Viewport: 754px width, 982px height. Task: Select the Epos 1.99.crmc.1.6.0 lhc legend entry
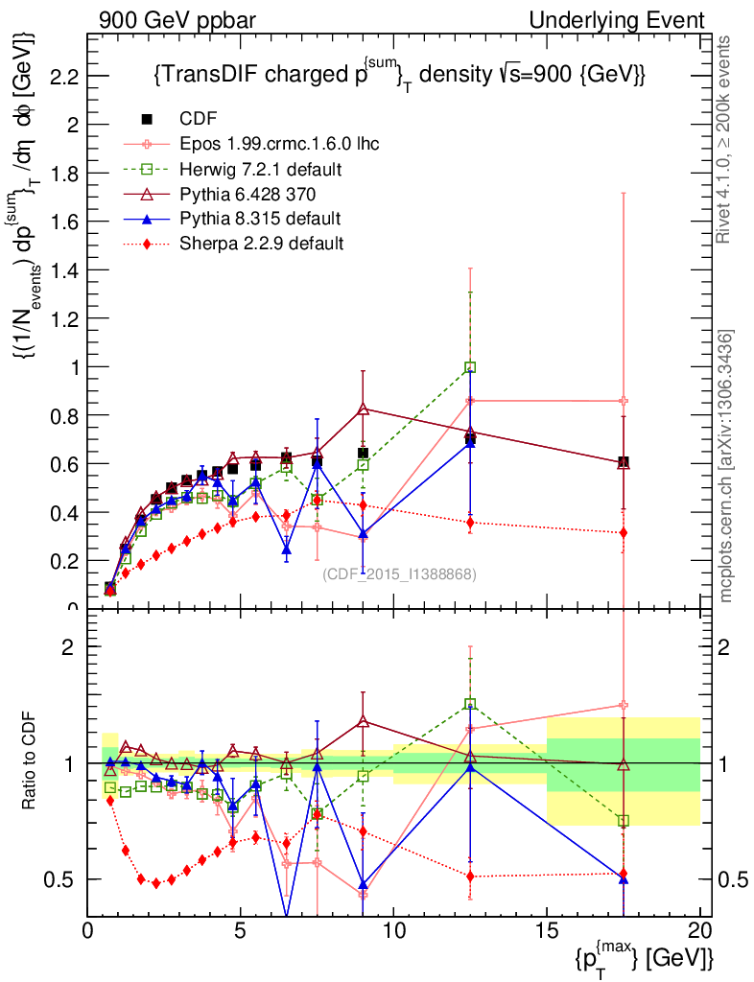point(279,144)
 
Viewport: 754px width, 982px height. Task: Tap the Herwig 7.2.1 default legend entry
point(262,169)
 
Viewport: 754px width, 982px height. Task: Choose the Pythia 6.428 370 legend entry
point(254,194)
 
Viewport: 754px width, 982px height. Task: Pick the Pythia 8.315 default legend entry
point(260,218)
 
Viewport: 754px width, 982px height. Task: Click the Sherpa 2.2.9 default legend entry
point(262,243)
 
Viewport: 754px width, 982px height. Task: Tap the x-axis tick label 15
point(547,931)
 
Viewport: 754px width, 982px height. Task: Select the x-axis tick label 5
point(241,931)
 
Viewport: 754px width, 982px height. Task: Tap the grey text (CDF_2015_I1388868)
point(399,573)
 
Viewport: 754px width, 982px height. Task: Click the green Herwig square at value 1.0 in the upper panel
point(470,367)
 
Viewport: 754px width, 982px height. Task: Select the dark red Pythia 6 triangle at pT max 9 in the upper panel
point(364,409)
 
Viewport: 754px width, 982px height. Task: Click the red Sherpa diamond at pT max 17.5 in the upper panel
point(624,532)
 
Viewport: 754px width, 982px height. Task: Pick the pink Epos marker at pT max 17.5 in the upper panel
point(624,401)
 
